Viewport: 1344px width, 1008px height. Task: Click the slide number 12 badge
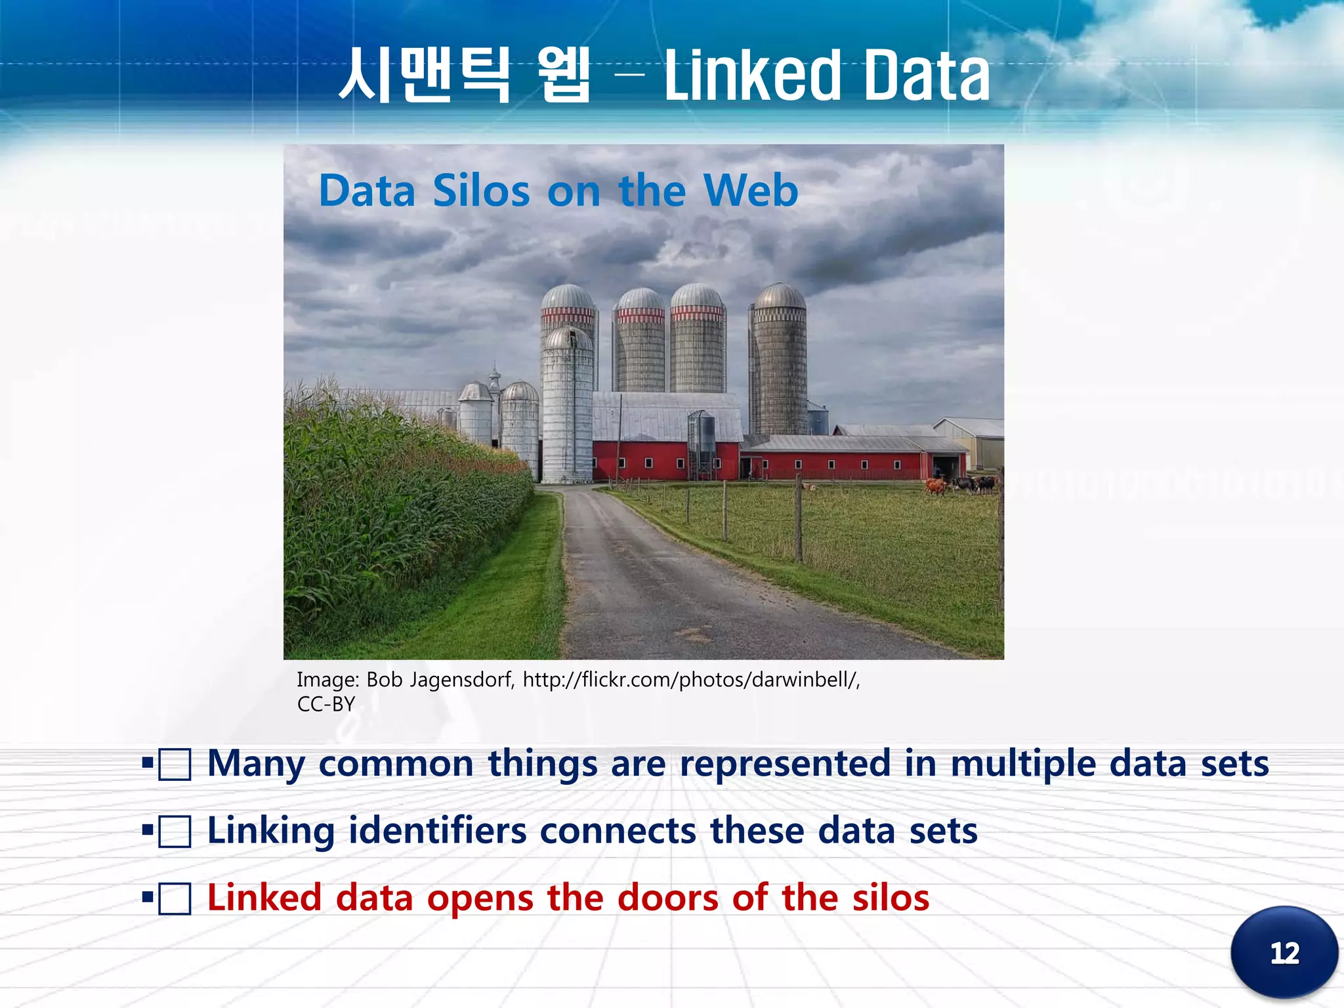pos(1284,952)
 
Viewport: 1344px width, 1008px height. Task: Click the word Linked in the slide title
pos(752,77)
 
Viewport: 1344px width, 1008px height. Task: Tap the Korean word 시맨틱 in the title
pos(423,75)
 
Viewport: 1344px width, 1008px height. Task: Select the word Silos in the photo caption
pos(481,191)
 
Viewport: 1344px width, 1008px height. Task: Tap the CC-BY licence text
pos(325,704)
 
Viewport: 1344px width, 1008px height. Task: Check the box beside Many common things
pos(175,765)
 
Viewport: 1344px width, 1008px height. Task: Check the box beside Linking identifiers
pos(175,831)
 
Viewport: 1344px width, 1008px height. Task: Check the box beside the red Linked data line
pos(175,898)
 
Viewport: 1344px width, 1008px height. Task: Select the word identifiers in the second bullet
pos(437,831)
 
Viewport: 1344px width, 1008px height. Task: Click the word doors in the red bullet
pos(667,898)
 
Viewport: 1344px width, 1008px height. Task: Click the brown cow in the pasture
pos(934,486)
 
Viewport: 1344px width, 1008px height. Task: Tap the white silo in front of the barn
pos(568,407)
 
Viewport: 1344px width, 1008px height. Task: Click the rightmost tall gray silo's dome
pos(779,297)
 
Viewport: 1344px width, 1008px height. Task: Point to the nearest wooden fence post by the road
pos(798,518)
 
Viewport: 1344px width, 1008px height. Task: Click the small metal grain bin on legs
pos(702,436)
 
